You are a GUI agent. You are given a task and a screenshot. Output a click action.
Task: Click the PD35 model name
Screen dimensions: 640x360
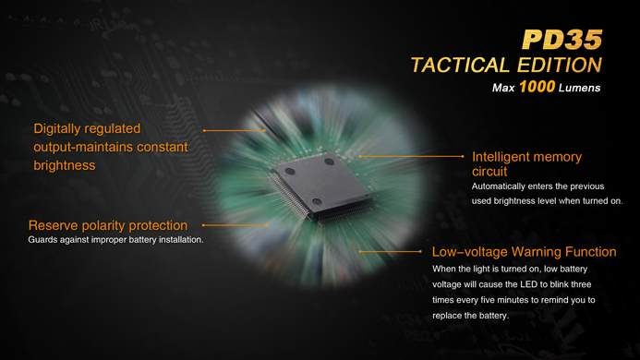click(562, 40)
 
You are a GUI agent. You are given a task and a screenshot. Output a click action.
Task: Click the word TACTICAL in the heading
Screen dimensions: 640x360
click(461, 66)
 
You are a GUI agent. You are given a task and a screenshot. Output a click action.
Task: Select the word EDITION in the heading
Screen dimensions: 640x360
click(560, 66)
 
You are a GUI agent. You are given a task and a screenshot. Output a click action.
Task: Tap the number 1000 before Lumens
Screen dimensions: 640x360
click(537, 87)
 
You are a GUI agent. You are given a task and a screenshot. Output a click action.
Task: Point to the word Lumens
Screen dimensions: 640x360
click(580, 88)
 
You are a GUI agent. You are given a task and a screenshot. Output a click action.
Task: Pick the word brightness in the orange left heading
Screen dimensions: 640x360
click(65, 165)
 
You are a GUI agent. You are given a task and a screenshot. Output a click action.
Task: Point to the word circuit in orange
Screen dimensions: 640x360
click(489, 172)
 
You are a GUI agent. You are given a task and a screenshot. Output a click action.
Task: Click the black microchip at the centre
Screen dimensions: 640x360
click(322, 186)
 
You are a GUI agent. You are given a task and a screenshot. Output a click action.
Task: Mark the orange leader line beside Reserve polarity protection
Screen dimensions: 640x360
click(235, 225)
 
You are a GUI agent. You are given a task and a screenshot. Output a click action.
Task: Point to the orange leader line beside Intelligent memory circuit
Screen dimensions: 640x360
click(411, 156)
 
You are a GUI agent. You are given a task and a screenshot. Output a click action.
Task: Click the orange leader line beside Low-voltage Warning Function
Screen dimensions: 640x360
click(391, 251)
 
